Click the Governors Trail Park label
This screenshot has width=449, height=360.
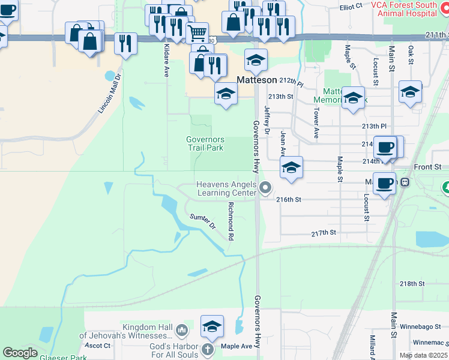[205, 143]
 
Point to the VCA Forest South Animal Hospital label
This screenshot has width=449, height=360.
[403, 9]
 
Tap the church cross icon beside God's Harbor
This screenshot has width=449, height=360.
[207, 350]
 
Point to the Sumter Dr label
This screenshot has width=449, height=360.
[203, 222]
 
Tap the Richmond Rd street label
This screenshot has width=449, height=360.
[230, 221]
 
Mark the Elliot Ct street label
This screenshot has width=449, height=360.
[351, 6]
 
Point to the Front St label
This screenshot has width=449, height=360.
[427, 166]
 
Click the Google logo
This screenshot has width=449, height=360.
[20, 353]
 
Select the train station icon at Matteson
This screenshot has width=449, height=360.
[406, 182]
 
